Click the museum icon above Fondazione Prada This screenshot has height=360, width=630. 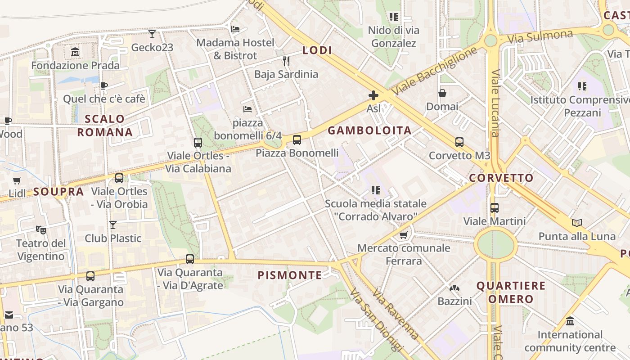point(75,52)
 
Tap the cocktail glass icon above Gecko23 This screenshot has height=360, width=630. point(152,34)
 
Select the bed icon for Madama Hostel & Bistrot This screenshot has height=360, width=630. point(235,29)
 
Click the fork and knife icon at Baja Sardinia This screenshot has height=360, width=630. point(286,61)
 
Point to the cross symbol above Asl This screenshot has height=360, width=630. point(373,95)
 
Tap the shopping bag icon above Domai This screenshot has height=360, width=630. point(442,93)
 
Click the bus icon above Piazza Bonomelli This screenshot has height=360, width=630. point(297,140)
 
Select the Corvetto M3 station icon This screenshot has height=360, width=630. point(459,142)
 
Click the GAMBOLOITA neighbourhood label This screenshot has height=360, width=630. point(369,130)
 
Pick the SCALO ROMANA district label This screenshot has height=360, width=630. point(105,126)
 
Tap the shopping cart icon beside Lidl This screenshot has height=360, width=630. point(17,180)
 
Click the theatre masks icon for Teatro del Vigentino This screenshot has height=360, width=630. point(41,230)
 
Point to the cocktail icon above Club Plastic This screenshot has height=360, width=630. point(113,225)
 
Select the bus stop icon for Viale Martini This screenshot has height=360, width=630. point(495,208)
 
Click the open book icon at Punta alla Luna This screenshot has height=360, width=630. point(577,223)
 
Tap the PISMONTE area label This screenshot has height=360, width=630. point(290,275)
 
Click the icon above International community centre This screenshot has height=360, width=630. point(570,321)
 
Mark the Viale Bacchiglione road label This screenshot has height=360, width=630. point(434,71)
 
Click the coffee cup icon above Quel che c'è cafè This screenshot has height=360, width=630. point(104,85)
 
